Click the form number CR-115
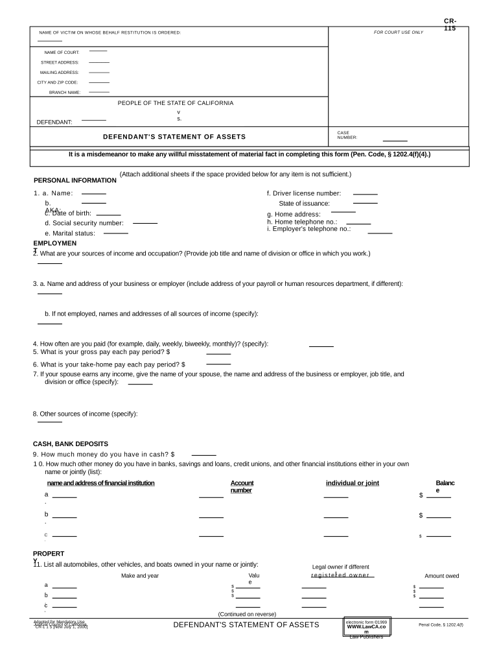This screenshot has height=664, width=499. (x=450, y=25)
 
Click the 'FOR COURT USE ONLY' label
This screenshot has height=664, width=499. (x=398, y=32)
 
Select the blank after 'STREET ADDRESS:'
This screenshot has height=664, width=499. (x=99, y=62)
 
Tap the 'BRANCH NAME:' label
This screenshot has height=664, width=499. (x=65, y=93)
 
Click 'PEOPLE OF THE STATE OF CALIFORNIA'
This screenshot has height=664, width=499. (x=176, y=103)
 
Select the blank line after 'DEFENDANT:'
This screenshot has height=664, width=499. (x=94, y=120)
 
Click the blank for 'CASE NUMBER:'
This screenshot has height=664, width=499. (x=395, y=140)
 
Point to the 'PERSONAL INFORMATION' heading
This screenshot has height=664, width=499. (x=75, y=180)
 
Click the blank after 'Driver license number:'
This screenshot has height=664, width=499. (x=365, y=194)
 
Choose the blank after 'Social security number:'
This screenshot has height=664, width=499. (x=145, y=223)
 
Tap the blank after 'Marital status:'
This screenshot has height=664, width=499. (x=116, y=233)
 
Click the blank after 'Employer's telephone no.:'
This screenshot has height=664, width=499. (x=380, y=232)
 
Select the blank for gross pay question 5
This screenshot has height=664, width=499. (x=218, y=353)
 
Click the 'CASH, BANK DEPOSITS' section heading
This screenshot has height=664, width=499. (x=71, y=444)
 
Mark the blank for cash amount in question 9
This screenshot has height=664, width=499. (x=203, y=455)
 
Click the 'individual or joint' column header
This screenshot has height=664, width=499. (x=352, y=483)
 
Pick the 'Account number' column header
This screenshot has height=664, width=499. (x=242, y=486)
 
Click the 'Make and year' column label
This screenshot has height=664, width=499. (x=139, y=576)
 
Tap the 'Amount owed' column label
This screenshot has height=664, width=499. (x=441, y=576)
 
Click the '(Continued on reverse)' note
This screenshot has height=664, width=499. (x=247, y=614)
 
